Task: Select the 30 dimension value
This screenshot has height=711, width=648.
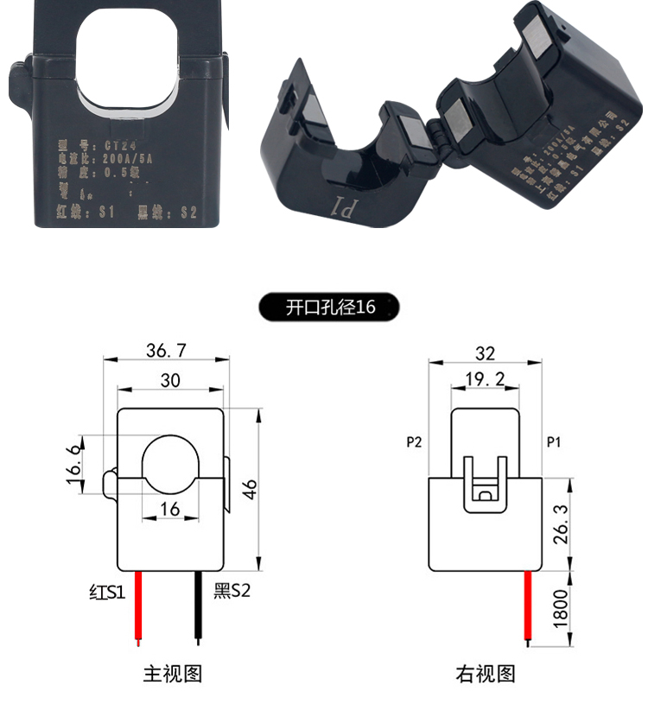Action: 170,380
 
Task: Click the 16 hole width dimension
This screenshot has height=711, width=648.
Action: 169,509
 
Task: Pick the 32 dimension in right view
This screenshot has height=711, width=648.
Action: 486,352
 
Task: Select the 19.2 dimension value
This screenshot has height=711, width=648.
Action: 486,380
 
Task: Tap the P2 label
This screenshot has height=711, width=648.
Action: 414,442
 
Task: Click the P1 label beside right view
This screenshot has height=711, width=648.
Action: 555,442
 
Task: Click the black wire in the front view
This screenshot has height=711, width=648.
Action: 198,608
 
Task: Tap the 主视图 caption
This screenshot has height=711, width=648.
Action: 172,674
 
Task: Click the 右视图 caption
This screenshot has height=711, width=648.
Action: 486,674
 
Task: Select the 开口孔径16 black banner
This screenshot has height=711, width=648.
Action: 331,307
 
